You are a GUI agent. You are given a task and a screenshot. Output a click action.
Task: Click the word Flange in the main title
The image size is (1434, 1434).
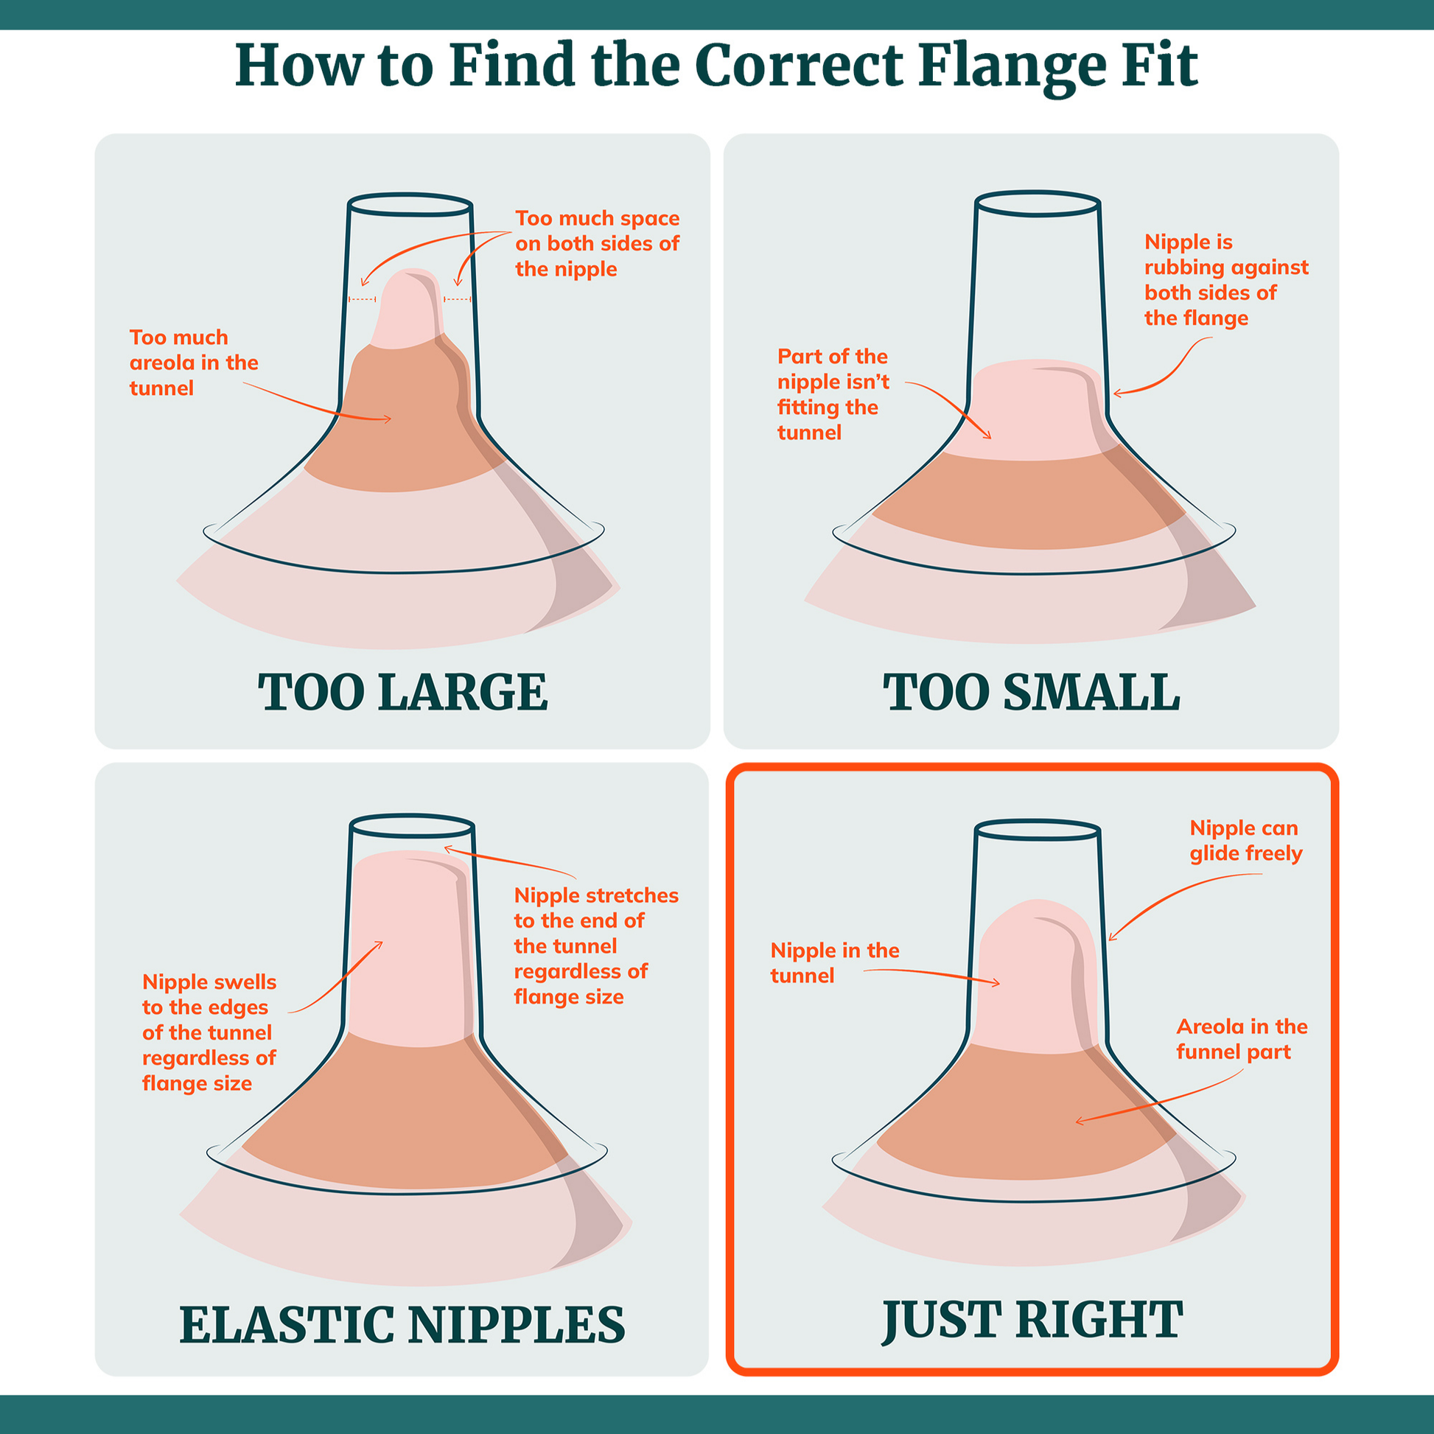pyautogui.click(x=1012, y=67)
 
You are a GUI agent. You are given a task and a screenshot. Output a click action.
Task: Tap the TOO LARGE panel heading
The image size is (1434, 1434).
pyautogui.click(x=402, y=692)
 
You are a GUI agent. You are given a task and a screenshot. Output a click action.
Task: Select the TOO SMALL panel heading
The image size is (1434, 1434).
pyautogui.click(x=1031, y=692)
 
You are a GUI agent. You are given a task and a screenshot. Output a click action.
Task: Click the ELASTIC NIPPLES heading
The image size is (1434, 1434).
pyautogui.click(x=402, y=1324)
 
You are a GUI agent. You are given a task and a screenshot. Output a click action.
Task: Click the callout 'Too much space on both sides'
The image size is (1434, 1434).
pyautogui.click(x=597, y=243)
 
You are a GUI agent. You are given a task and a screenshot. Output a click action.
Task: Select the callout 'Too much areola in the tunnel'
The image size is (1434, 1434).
pyautogui.click(x=194, y=363)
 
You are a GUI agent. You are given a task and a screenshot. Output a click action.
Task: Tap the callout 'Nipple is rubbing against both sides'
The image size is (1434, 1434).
pyautogui.click(x=1226, y=280)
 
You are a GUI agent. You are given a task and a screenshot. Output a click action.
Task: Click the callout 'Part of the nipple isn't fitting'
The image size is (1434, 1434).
pyautogui.click(x=833, y=394)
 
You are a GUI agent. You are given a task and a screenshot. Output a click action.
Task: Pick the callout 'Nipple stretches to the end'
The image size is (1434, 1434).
pyautogui.click(x=596, y=945)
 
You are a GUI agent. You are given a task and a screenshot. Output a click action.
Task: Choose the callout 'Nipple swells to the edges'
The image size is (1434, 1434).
pyautogui.click(x=209, y=1032)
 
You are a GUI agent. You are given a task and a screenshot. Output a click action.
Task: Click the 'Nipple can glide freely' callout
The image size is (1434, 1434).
pyautogui.click(x=1245, y=840)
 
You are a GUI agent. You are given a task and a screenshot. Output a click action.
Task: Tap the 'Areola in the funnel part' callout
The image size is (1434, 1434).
pyautogui.click(x=1242, y=1039)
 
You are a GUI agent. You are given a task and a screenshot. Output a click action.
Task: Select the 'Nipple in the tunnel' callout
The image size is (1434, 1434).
pyautogui.click(x=834, y=962)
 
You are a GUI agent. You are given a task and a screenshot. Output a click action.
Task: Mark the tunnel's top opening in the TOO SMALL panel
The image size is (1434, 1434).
pyautogui.click(x=1037, y=203)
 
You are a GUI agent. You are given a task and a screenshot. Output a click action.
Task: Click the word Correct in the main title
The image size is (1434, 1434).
pyautogui.click(x=800, y=67)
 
